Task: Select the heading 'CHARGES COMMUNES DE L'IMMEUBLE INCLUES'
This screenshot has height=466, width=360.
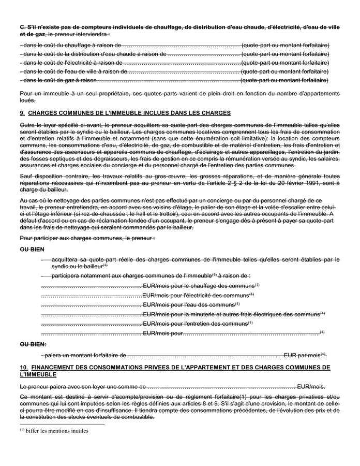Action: tap(129, 113)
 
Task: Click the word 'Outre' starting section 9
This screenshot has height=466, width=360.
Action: tap(27, 125)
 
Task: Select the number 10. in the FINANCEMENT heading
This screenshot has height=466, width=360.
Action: tap(23, 367)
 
